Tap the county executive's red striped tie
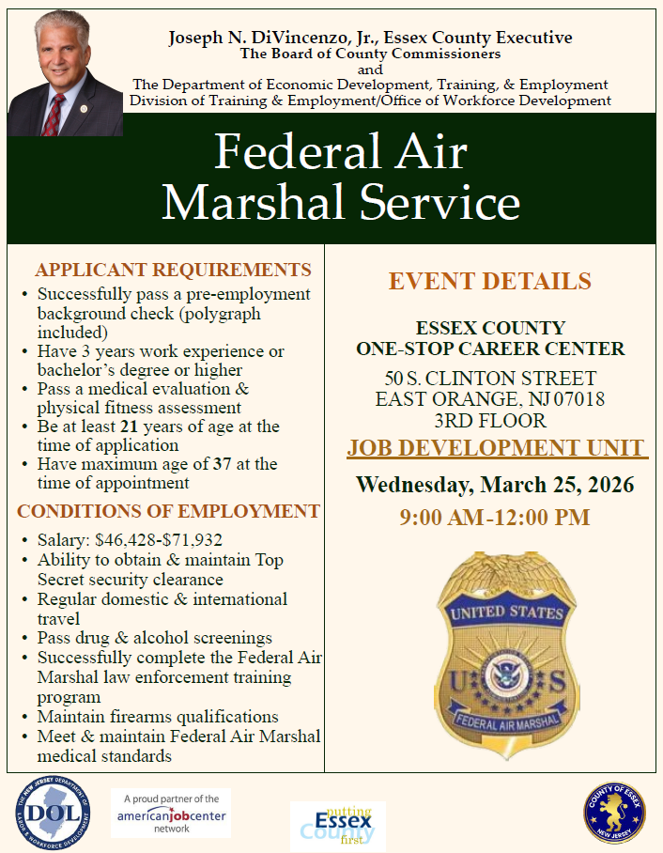(x=54, y=114)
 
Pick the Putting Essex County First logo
(x=332, y=824)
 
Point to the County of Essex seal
(x=614, y=812)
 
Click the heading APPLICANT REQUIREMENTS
(x=173, y=270)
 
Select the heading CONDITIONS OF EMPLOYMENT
(x=168, y=511)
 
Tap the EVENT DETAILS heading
(x=490, y=281)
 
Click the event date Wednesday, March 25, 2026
(x=495, y=486)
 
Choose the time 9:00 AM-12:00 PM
(x=494, y=517)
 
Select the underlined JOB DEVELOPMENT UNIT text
(x=496, y=447)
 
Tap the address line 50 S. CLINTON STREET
(x=490, y=379)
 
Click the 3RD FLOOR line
(x=490, y=420)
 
